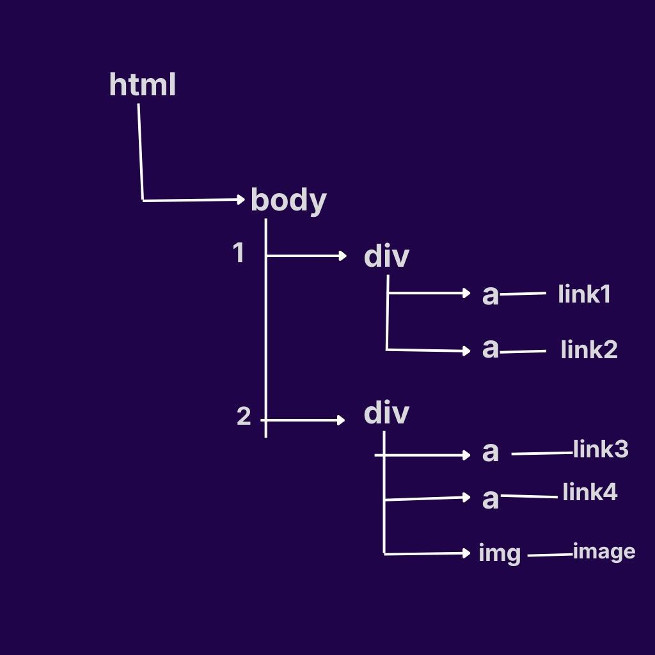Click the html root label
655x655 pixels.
click(x=142, y=85)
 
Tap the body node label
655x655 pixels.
click(x=288, y=200)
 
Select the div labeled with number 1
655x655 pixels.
click(x=386, y=256)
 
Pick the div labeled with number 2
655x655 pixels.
click(x=386, y=413)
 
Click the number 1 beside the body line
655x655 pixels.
click(x=239, y=254)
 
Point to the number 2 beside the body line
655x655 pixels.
click(x=244, y=417)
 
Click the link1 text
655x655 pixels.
click(x=584, y=294)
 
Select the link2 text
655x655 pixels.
click(x=588, y=350)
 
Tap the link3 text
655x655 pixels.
click(x=601, y=450)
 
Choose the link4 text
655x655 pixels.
click(x=590, y=493)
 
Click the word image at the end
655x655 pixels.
click(x=604, y=551)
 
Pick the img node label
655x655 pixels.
click(x=500, y=553)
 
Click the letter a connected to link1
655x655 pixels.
click(x=490, y=295)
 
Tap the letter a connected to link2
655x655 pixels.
click(x=490, y=349)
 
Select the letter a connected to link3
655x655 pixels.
click(x=490, y=452)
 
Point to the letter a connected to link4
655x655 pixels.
click(x=490, y=499)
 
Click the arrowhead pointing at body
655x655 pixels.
click(x=241, y=200)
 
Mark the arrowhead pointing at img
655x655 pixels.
click(x=467, y=553)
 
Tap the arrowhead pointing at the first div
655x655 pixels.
click(x=342, y=256)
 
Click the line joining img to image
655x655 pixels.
click(x=550, y=555)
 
